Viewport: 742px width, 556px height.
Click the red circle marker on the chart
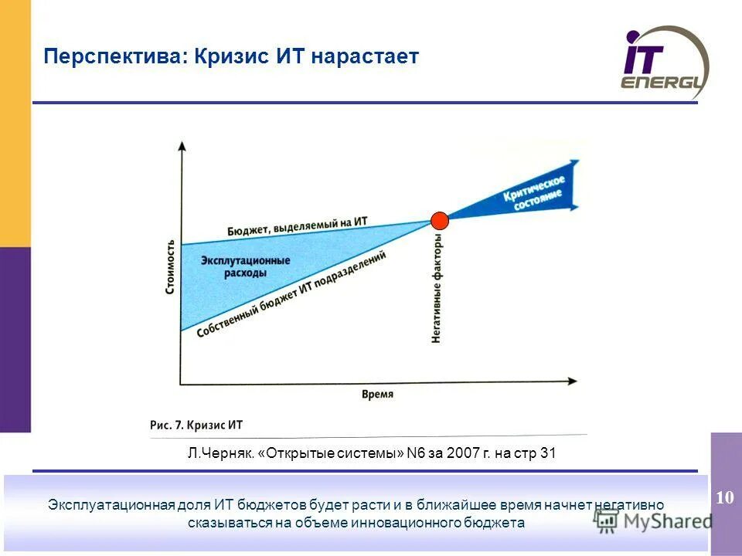tap(440, 220)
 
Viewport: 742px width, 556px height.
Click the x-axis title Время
tap(377, 394)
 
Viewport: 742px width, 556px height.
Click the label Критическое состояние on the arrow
tap(535, 190)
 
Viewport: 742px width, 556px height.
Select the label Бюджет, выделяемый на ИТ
tap(297, 225)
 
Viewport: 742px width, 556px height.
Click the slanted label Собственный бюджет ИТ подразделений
tap(291, 293)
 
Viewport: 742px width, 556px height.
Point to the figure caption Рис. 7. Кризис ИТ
tap(196, 425)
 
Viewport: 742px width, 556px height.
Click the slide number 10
tap(725, 497)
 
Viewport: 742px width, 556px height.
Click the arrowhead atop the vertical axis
tap(181, 145)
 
